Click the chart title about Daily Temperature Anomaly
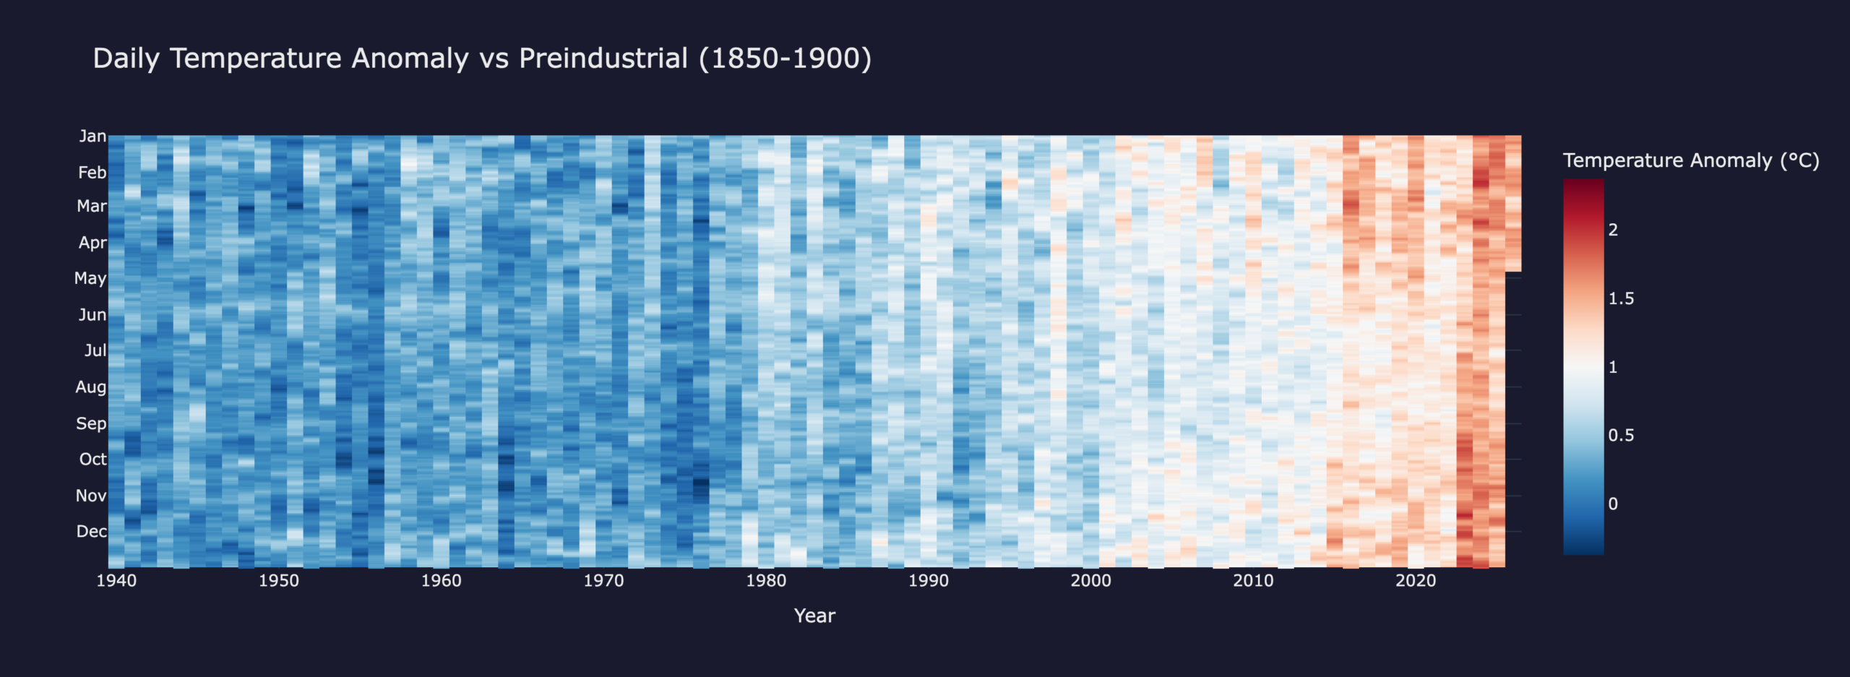pyautogui.click(x=482, y=59)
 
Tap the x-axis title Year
pyautogui.click(x=814, y=616)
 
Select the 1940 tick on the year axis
pyautogui.click(x=116, y=581)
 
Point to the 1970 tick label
pyautogui.click(x=603, y=581)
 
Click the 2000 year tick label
pyautogui.click(x=1090, y=581)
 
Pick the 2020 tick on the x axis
pyautogui.click(x=1416, y=581)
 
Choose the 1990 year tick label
pyautogui.click(x=929, y=581)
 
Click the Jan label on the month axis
pyautogui.click(x=92, y=136)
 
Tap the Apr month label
pyautogui.click(x=92, y=242)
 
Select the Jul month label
pyautogui.click(x=95, y=350)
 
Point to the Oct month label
pyautogui.click(x=92, y=459)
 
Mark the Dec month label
pyautogui.click(x=92, y=531)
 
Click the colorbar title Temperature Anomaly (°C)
pyautogui.click(x=1691, y=160)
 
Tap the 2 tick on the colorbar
pyautogui.click(x=1613, y=230)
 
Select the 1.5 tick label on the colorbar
pyautogui.click(x=1621, y=298)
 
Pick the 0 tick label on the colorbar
pyautogui.click(x=1613, y=504)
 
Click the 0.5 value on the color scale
pyautogui.click(x=1621, y=435)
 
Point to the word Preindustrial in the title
pyautogui.click(x=603, y=59)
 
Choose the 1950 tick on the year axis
pyautogui.click(x=279, y=581)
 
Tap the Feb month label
pyautogui.click(x=92, y=172)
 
